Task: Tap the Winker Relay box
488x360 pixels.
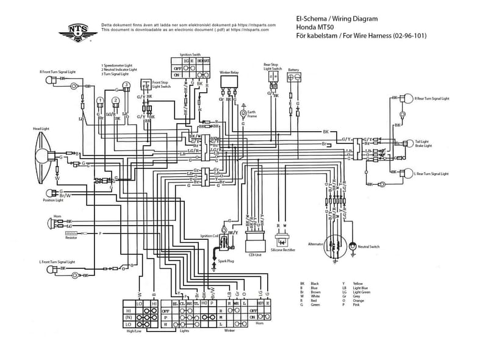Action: point(230,82)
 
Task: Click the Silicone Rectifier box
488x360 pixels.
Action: point(282,240)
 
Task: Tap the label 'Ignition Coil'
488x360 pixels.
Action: point(209,236)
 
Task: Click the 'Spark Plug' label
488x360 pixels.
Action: point(226,261)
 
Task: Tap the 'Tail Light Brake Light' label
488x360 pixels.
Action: point(423,143)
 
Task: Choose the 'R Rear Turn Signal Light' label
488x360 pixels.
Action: point(431,98)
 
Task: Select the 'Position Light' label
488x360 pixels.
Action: point(53,200)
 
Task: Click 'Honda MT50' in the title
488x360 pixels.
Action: point(314,27)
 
